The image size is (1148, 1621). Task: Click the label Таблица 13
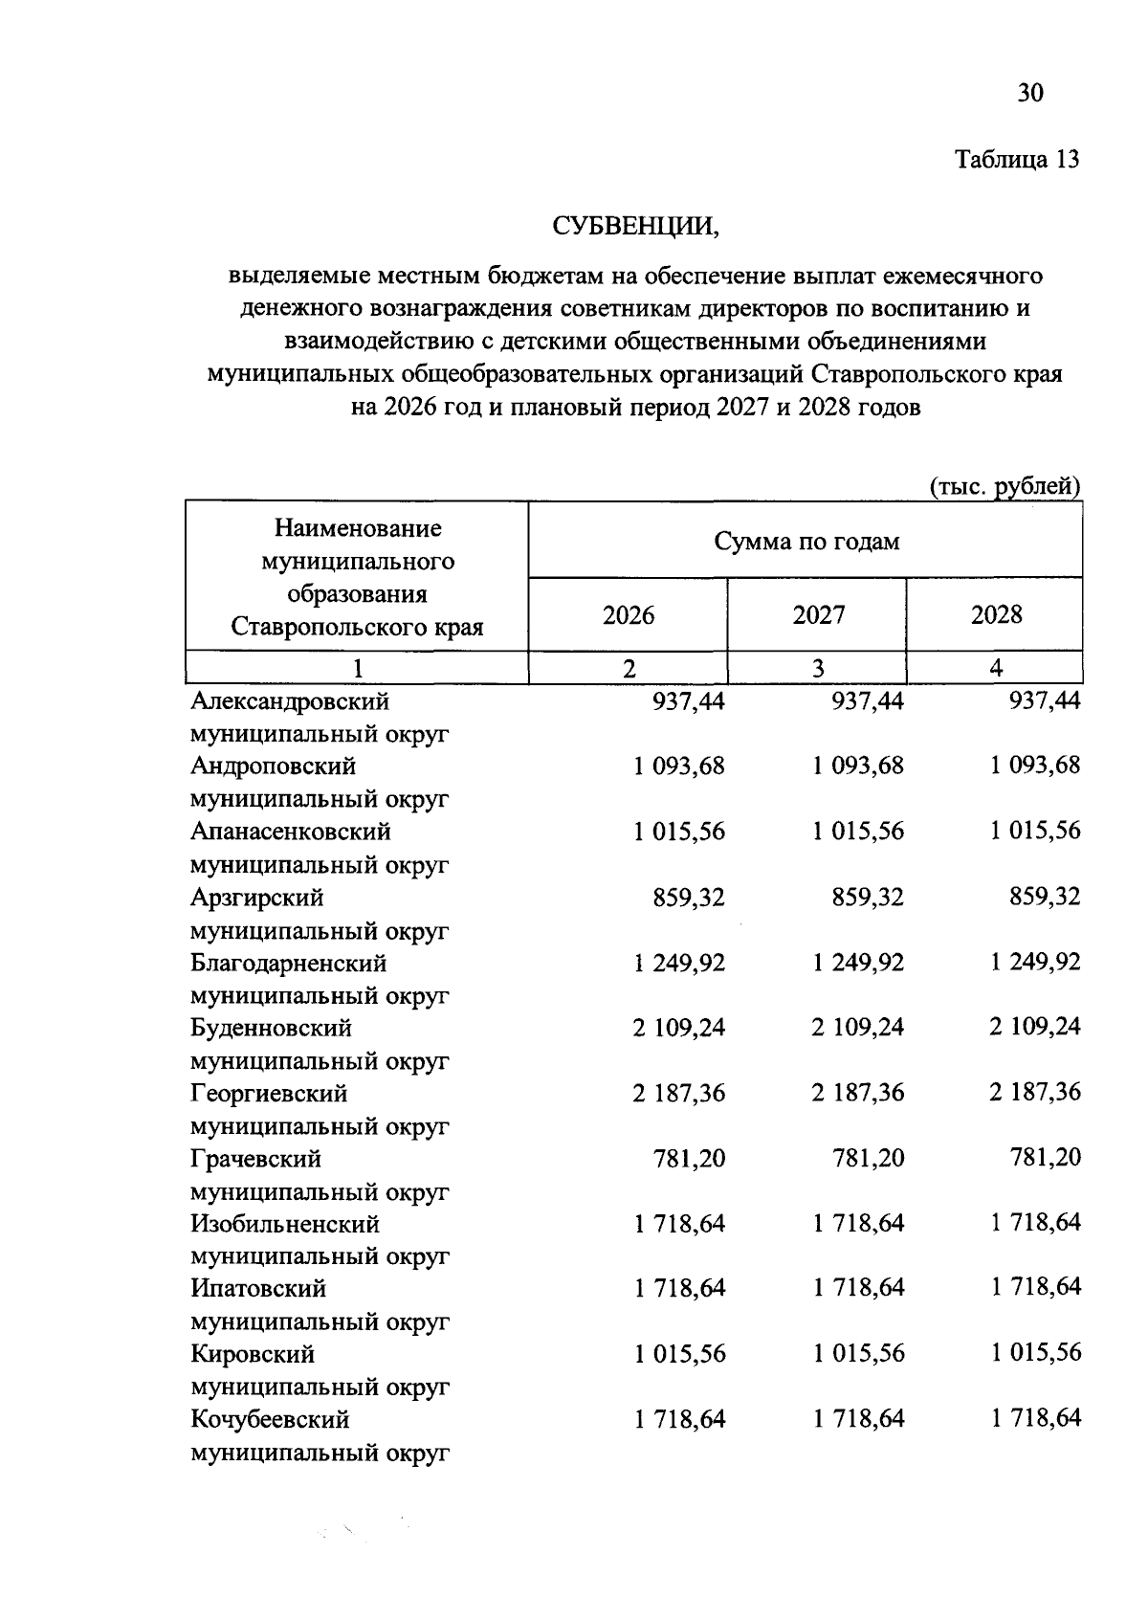coord(1018,160)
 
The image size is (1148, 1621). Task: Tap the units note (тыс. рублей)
coord(1005,486)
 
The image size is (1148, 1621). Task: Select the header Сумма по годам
coord(806,542)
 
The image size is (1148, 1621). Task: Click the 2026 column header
coord(629,615)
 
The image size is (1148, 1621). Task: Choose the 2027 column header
coord(818,615)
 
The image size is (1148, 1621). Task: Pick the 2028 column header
coord(996,615)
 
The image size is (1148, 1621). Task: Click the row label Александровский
coord(290,701)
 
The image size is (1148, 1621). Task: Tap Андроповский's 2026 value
coord(678,766)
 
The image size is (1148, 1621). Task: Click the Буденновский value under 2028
coord(1035,1027)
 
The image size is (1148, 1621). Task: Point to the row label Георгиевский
coord(269,1093)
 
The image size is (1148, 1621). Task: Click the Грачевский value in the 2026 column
coord(689,1158)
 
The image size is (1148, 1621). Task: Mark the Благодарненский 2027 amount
coord(858,963)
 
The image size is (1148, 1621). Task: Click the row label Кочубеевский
coord(270,1419)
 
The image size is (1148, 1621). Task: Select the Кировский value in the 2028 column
coord(1035,1353)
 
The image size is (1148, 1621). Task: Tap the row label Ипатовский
coord(258,1289)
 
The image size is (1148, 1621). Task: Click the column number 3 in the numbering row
coord(818,668)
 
